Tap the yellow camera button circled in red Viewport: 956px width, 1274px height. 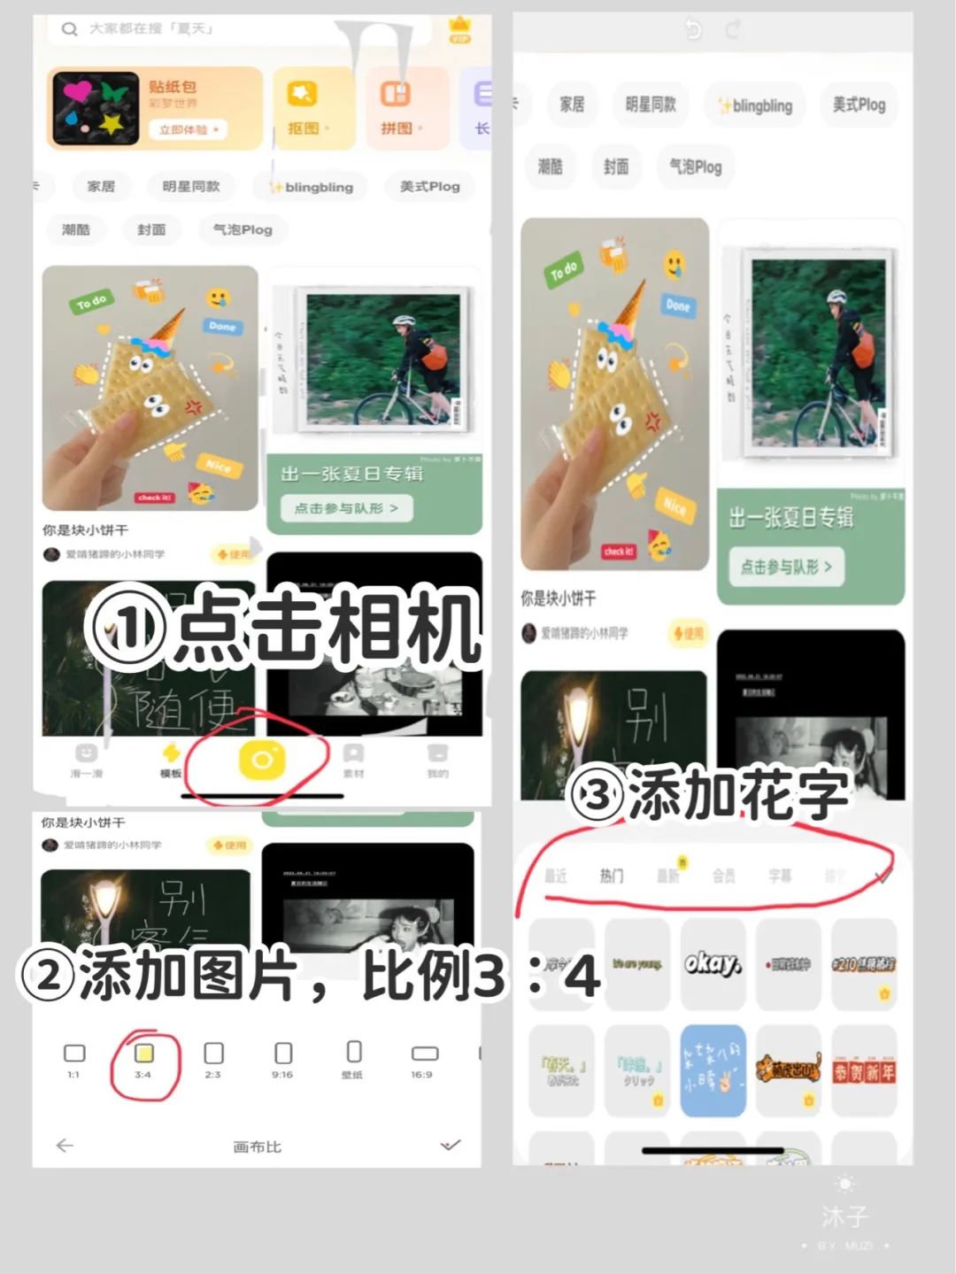[262, 760]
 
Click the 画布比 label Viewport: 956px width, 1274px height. [257, 1147]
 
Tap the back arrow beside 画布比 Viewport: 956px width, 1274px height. [65, 1146]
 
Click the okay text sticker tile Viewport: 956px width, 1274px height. [713, 964]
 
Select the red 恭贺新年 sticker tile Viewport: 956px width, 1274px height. [864, 1070]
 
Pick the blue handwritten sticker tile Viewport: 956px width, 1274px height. [713, 1070]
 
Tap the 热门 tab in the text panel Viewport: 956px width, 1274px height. [612, 876]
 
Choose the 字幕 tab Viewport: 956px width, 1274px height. [780, 876]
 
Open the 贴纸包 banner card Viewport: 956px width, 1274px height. [155, 108]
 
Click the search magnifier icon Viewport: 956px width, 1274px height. [69, 29]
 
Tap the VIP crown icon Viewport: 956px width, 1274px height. [460, 29]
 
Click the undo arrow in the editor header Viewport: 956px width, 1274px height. [693, 30]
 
